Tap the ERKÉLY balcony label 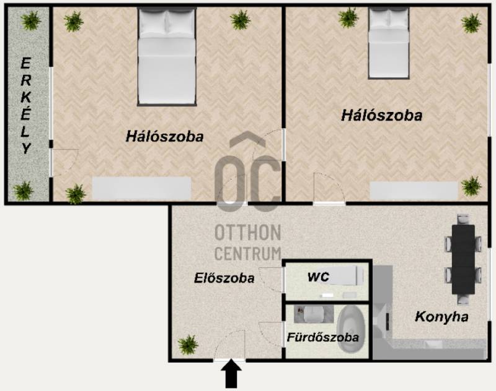point(25,106)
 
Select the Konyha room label point(441,317)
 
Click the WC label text point(318,277)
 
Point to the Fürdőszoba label point(322,337)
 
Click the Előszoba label point(224,278)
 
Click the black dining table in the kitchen point(463,259)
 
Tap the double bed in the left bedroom point(167,56)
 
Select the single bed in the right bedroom point(389,43)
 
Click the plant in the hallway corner point(188,345)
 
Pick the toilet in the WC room point(346,274)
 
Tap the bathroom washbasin point(313,314)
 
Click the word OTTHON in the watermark point(248,233)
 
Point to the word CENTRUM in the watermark point(248,254)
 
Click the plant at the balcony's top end point(30,20)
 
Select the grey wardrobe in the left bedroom point(141,188)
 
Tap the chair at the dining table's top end point(463,220)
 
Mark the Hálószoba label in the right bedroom point(381,116)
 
